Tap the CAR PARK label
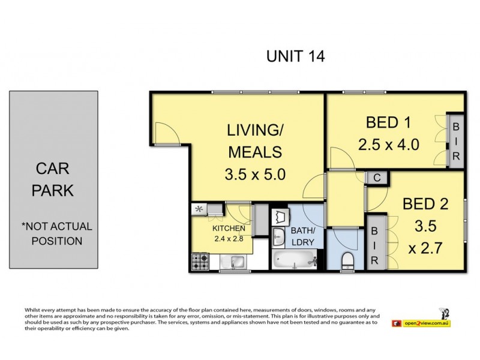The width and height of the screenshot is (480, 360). (x=53, y=179)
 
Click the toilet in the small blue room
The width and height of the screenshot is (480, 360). (x=346, y=261)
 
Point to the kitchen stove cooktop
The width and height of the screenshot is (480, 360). (x=199, y=261)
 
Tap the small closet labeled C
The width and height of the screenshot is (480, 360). (x=376, y=178)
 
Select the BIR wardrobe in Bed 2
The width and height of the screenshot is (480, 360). (x=374, y=245)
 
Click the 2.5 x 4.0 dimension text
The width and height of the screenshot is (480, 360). (x=388, y=145)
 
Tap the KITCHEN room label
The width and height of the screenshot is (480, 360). (x=228, y=229)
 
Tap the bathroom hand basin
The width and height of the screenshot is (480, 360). (x=278, y=237)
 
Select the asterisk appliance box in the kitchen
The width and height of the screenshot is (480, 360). (x=199, y=209)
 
